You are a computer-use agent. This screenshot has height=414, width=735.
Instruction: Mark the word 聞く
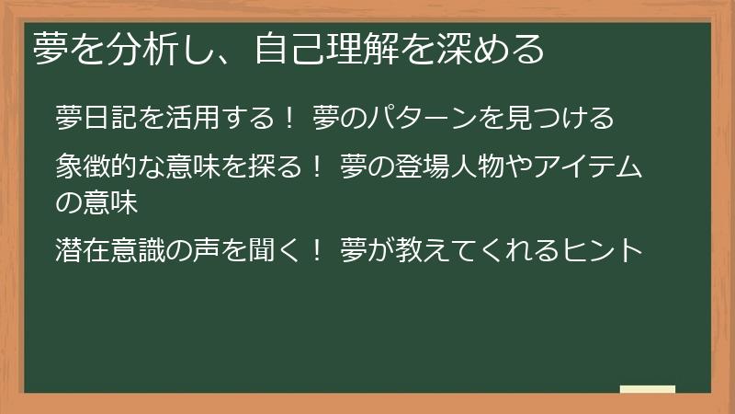pos(272,248)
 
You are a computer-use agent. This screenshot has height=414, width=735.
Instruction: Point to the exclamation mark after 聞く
pos(316,248)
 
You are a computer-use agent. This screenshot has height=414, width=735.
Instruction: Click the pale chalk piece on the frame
pos(647,389)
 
